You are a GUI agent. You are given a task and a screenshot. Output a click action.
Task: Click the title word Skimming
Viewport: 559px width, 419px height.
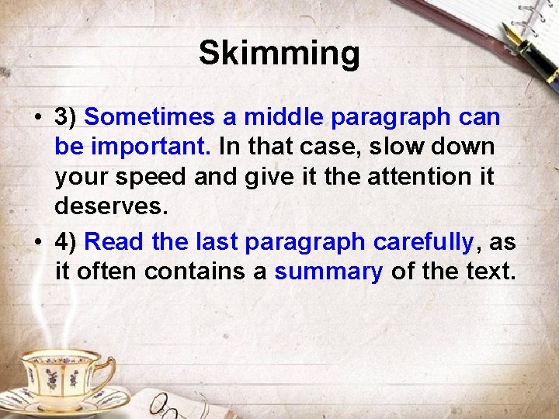click(x=279, y=54)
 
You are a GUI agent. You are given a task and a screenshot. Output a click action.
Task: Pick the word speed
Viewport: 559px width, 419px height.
click(x=150, y=178)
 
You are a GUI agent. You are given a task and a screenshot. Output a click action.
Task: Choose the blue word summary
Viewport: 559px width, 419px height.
click(x=328, y=272)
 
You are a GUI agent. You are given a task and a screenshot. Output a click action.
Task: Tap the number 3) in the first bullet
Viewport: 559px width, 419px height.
click(x=66, y=118)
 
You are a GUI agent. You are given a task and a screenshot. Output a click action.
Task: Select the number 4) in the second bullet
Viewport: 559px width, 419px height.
click(x=66, y=242)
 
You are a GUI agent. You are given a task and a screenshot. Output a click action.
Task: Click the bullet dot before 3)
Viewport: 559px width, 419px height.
click(x=37, y=119)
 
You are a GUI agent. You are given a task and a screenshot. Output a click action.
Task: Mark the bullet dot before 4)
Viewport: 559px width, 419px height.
click(x=37, y=243)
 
